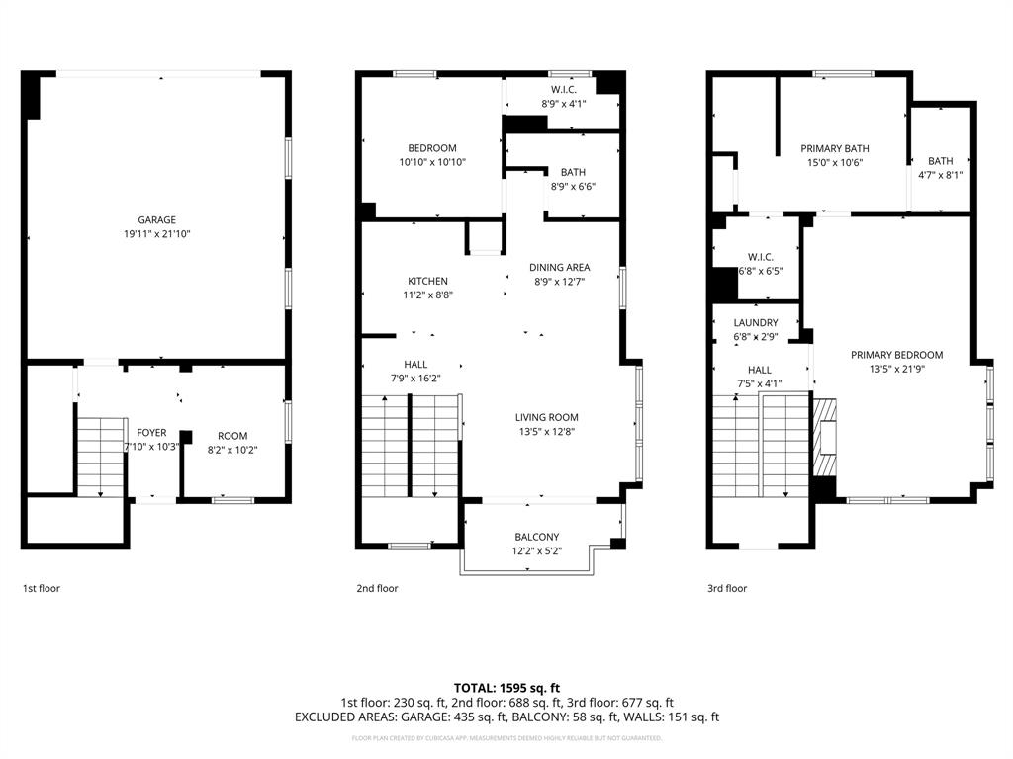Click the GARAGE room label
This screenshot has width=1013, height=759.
click(x=156, y=220)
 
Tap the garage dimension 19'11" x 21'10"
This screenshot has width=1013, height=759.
click(x=156, y=235)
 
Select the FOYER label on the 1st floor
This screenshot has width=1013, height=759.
click(x=151, y=433)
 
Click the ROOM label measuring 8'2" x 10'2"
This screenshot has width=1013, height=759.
click(x=232, y=436)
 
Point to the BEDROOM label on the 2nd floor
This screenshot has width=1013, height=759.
click(x=432, y=148)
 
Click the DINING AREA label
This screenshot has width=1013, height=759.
click(x=559, y=267)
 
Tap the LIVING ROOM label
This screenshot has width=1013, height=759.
click(x=546, y=417)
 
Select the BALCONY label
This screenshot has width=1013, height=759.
click(x=536, y=537)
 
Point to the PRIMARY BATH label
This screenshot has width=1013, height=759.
click(x=835, y=149)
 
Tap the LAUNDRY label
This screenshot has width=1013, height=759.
click(x=755, y=323)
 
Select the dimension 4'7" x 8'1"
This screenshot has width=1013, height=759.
click(x=940, y=176)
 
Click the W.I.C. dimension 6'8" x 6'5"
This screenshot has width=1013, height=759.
click(x=761, y=271)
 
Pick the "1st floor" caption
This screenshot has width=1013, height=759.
click(x=42, y=588)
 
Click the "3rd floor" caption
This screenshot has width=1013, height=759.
click(x=727, y=588)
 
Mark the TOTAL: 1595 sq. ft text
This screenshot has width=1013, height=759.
click(x=506, y=688)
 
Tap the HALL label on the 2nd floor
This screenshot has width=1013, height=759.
click(x=415, y=365)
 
